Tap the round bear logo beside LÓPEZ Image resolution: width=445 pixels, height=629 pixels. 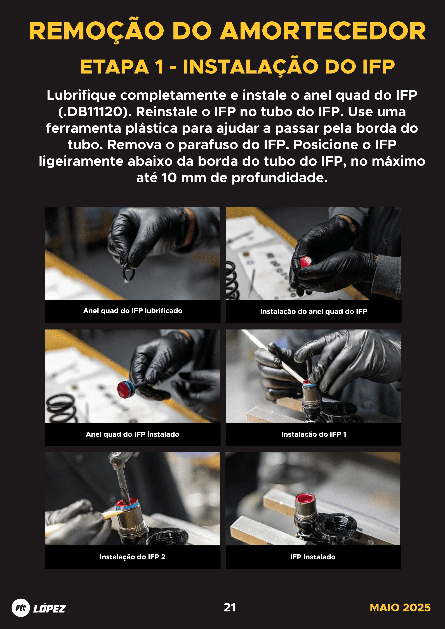(x=21, y=608)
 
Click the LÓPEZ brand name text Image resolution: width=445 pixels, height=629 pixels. (x=49, y=608)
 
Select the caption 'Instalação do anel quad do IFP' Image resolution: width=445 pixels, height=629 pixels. (x=314, y=311)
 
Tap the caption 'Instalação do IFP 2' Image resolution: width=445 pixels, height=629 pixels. (x=133, y=557)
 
